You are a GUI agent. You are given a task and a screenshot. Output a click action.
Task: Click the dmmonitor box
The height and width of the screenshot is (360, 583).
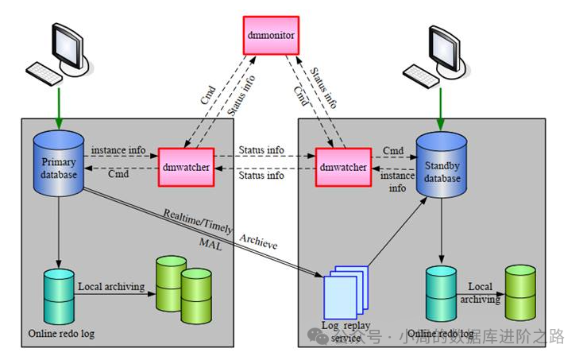270,36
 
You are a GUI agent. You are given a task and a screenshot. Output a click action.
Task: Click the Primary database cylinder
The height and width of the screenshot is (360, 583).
58,164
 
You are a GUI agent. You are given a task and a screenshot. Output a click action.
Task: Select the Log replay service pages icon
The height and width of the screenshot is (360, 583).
345,294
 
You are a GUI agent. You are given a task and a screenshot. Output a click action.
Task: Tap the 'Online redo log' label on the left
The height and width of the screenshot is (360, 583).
61,333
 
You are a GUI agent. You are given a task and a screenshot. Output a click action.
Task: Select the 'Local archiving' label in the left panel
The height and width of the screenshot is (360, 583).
110,284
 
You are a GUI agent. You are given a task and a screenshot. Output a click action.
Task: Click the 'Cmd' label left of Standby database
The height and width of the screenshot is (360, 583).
393,150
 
